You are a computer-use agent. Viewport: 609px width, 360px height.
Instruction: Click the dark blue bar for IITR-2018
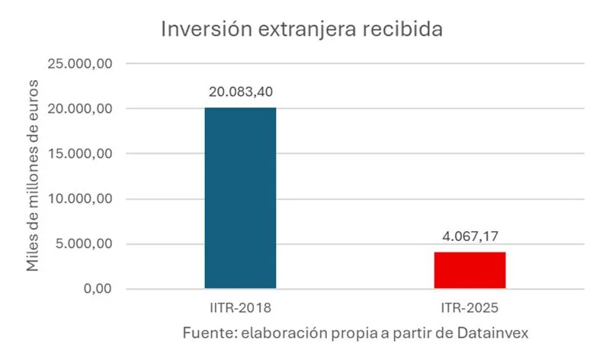(x=240, y=198)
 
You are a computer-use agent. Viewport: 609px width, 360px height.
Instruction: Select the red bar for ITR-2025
(x=470, y=270)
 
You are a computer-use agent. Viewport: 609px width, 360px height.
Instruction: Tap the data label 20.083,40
(x=240, y=92)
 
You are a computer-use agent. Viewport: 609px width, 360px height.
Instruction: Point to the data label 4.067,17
(x=470, y=236)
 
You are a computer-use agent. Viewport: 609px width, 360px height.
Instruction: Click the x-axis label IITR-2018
(x=240, y=309)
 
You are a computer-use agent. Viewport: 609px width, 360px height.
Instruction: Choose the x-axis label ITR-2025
(x=470, y=309)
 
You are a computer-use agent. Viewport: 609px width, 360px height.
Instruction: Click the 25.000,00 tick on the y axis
(x=81, y=63)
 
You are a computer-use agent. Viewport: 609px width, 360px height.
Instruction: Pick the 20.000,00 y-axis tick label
(x=81, y=108)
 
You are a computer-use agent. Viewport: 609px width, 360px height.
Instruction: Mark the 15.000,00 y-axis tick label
(x=81, y=153)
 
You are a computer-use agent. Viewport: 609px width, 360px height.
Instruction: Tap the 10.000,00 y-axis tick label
(x=81, y=199)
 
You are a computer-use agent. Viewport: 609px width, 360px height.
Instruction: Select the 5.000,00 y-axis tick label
(x=85, y=244)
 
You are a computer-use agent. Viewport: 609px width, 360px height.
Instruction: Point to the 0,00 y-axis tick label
(x=96, y=289)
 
